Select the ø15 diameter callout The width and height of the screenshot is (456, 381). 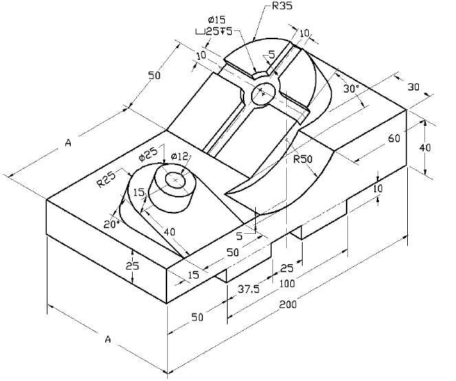[x=215, y=19]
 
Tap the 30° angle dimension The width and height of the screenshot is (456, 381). [x=351, y=89]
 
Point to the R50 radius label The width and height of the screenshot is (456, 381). [x=303, y=159]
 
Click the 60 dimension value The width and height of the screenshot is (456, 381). [x=394, y=138]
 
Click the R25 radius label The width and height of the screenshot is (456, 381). [x=106, y=180]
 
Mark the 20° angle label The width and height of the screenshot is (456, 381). [x=111, y=224]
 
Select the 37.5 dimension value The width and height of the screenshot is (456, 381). [x=249, y=290]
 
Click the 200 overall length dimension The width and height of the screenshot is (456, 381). [x=289, y=305]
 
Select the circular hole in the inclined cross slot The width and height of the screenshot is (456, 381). [x=263, y=94]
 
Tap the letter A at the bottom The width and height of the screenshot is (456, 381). [x=108, y=339]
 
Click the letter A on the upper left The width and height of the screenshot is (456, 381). [x=68, y=143]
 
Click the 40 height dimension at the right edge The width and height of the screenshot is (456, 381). [x=426, y=148]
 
